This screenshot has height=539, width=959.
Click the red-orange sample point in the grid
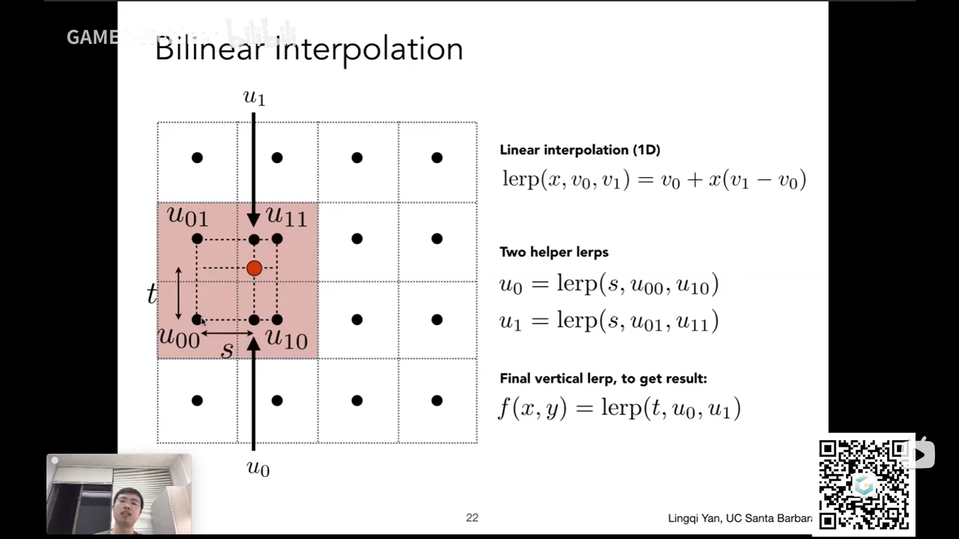(x=254, y=269)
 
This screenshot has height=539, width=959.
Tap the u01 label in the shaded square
(x=187, y=216)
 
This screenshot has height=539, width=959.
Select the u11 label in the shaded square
(x=286, y=216)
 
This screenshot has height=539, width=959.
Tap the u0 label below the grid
(x=258, y=468)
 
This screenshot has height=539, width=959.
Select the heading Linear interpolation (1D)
(x=580, y=150)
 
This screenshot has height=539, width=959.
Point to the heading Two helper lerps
(x=554, y=252)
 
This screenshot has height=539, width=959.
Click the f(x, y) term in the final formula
(x=532, y=409)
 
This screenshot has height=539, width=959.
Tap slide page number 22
(x=472, y=518)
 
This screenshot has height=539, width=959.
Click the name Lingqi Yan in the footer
(x=694, y=519)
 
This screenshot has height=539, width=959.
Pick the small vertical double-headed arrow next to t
(x=178, y=293)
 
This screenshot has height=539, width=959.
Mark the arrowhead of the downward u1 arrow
(x=254, y=220)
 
